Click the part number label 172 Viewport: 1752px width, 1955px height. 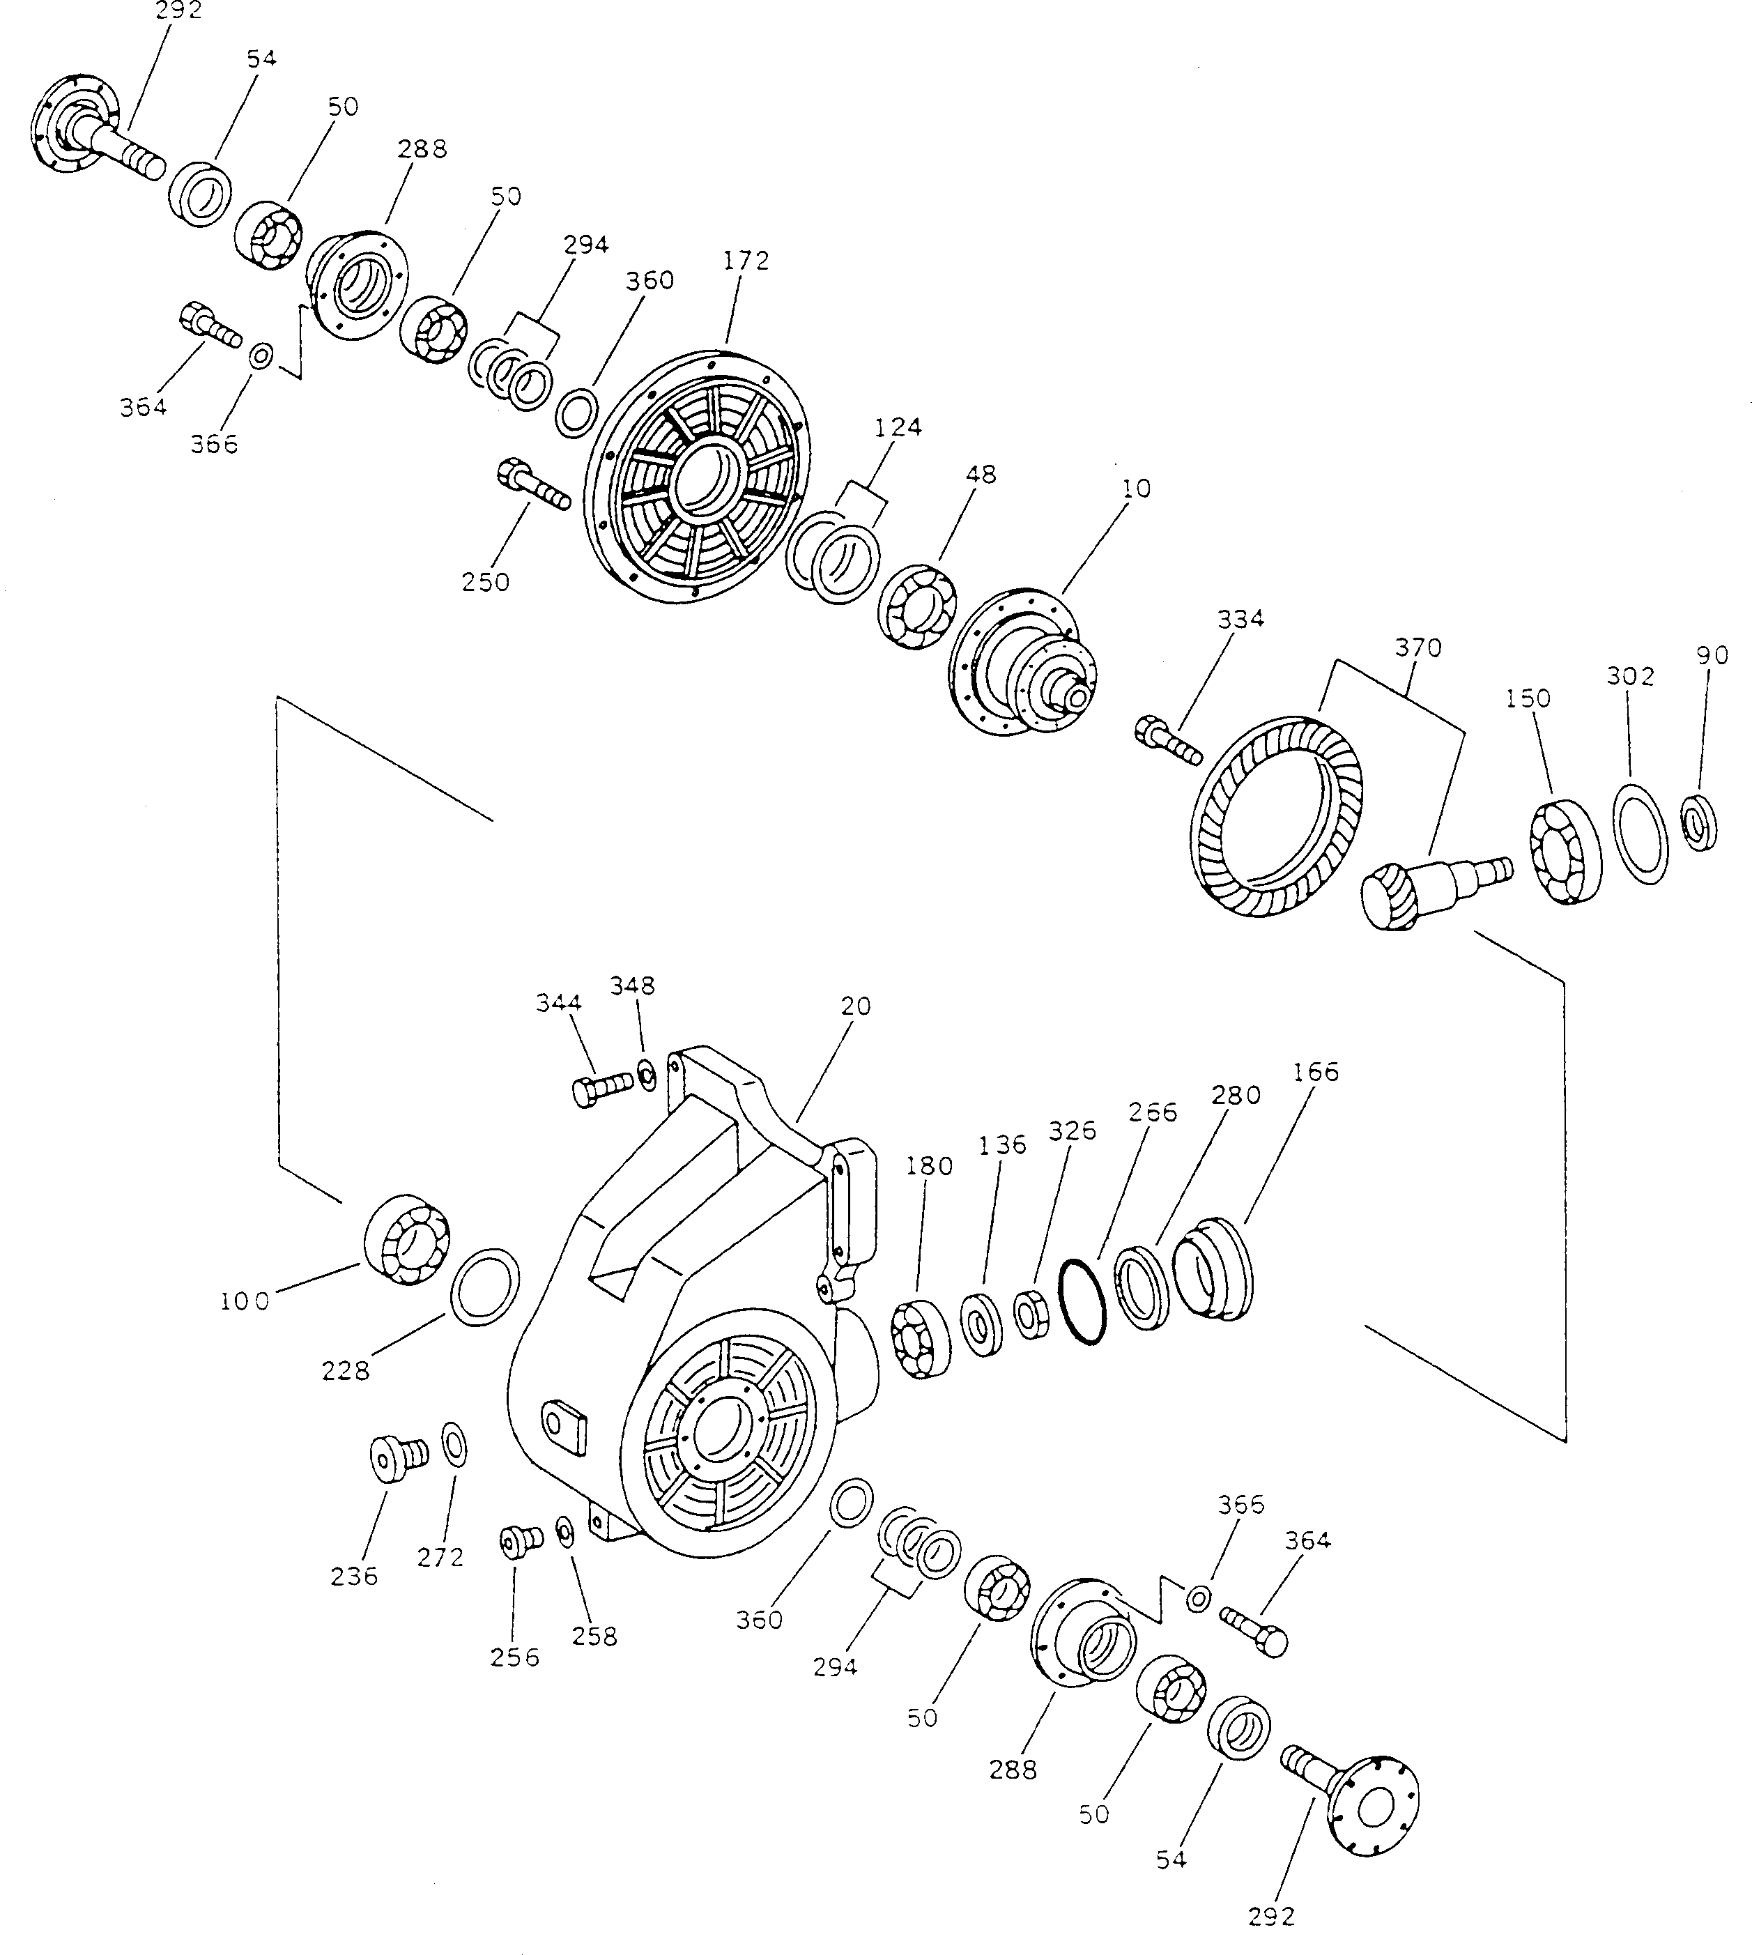coord(746,261)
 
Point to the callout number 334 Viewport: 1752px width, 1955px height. coord(1239,619)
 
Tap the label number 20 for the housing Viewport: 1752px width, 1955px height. coord(855,1006)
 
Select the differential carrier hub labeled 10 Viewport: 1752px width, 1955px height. coord(1024,664)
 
